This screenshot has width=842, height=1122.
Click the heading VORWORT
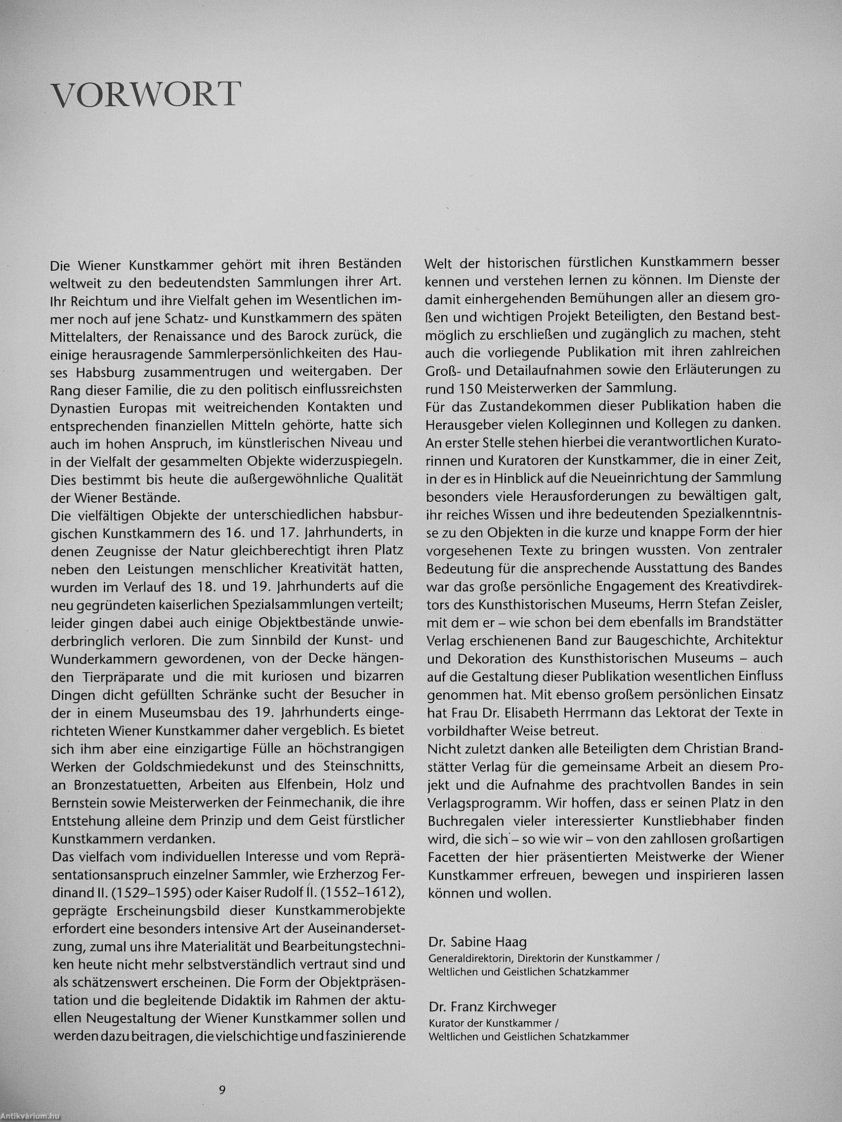coord(146,95)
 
